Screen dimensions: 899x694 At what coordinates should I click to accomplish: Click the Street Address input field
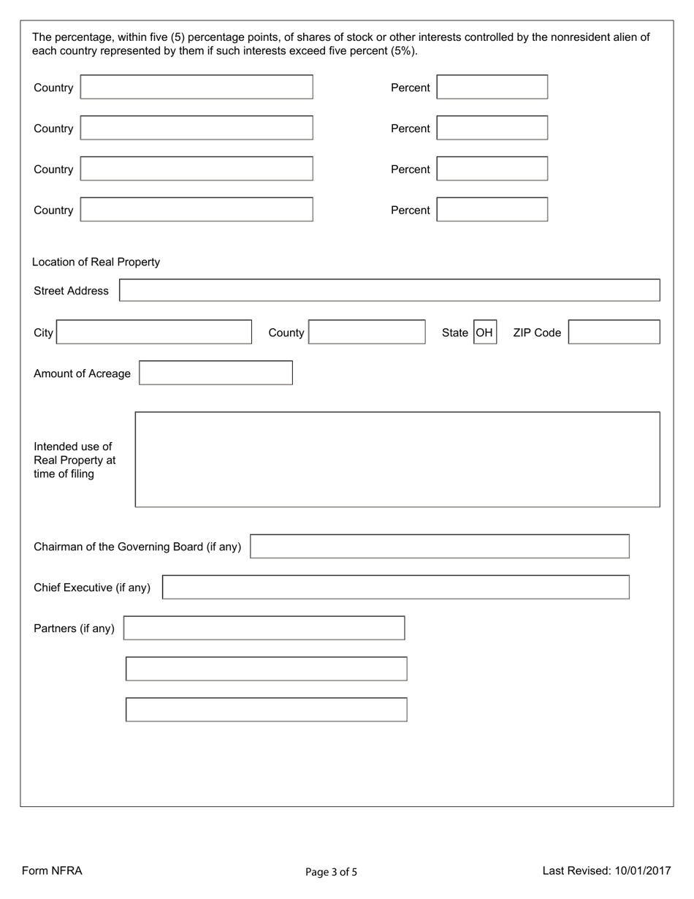[x=389, y=290]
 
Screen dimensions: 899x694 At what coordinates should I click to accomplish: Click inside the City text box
[x=153, y=332]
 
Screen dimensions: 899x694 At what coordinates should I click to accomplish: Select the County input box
[x=367, y=332]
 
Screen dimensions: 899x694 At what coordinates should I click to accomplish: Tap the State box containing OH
[x=485, y=333]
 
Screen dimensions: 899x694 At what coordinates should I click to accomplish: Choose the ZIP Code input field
[x=614, y=332]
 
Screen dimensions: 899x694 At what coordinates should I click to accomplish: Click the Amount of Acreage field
[x=216, y=373]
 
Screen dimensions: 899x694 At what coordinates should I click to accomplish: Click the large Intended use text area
[x=397, y=459]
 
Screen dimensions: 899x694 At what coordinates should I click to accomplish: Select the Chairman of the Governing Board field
[x=439, y=546]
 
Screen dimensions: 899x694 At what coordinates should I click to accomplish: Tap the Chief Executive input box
[x=395, y=587]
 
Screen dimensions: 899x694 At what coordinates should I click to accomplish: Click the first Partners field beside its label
[x=264, y=628]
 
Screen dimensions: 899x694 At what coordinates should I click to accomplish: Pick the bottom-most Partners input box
[x=266, y=710]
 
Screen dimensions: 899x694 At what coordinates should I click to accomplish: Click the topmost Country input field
[x=197, y=87]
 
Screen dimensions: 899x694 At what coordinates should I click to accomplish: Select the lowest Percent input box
[x=492, y=210]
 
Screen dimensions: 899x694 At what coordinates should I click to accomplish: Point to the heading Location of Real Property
[x=96, y=262]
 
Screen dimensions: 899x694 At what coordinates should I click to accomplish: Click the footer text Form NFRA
[x=52, y=870]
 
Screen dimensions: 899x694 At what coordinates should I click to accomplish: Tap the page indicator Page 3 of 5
[x=331, y=871]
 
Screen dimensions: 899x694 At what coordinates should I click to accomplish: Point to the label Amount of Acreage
[x=82, y=373]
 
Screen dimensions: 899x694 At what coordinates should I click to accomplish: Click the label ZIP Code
[x=537, y=333]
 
